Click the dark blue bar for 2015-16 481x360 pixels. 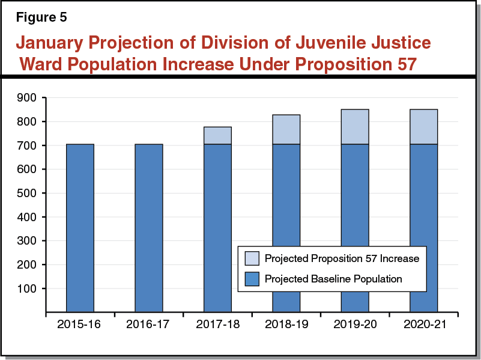tap(80, 228)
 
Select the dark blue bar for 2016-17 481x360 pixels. tap(148, 228)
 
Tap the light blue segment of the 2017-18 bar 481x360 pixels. tap(217, 136)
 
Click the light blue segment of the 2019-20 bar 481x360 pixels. tap(355, 127)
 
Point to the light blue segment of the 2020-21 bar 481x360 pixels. tap(423, 127)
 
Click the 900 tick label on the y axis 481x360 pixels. tap(28, 97)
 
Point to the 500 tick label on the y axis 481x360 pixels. tap(28, 193)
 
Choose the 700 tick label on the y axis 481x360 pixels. tap(28, 145)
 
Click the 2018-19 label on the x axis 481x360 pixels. tap(286, 325)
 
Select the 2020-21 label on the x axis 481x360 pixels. tap(423, 325)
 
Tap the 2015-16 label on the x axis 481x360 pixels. tap(80, 325)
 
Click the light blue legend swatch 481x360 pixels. tap(252, 258)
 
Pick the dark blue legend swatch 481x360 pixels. tap(252, 279)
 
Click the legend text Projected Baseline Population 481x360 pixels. tap(333, 279)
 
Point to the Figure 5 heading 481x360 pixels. tap(41, 17)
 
